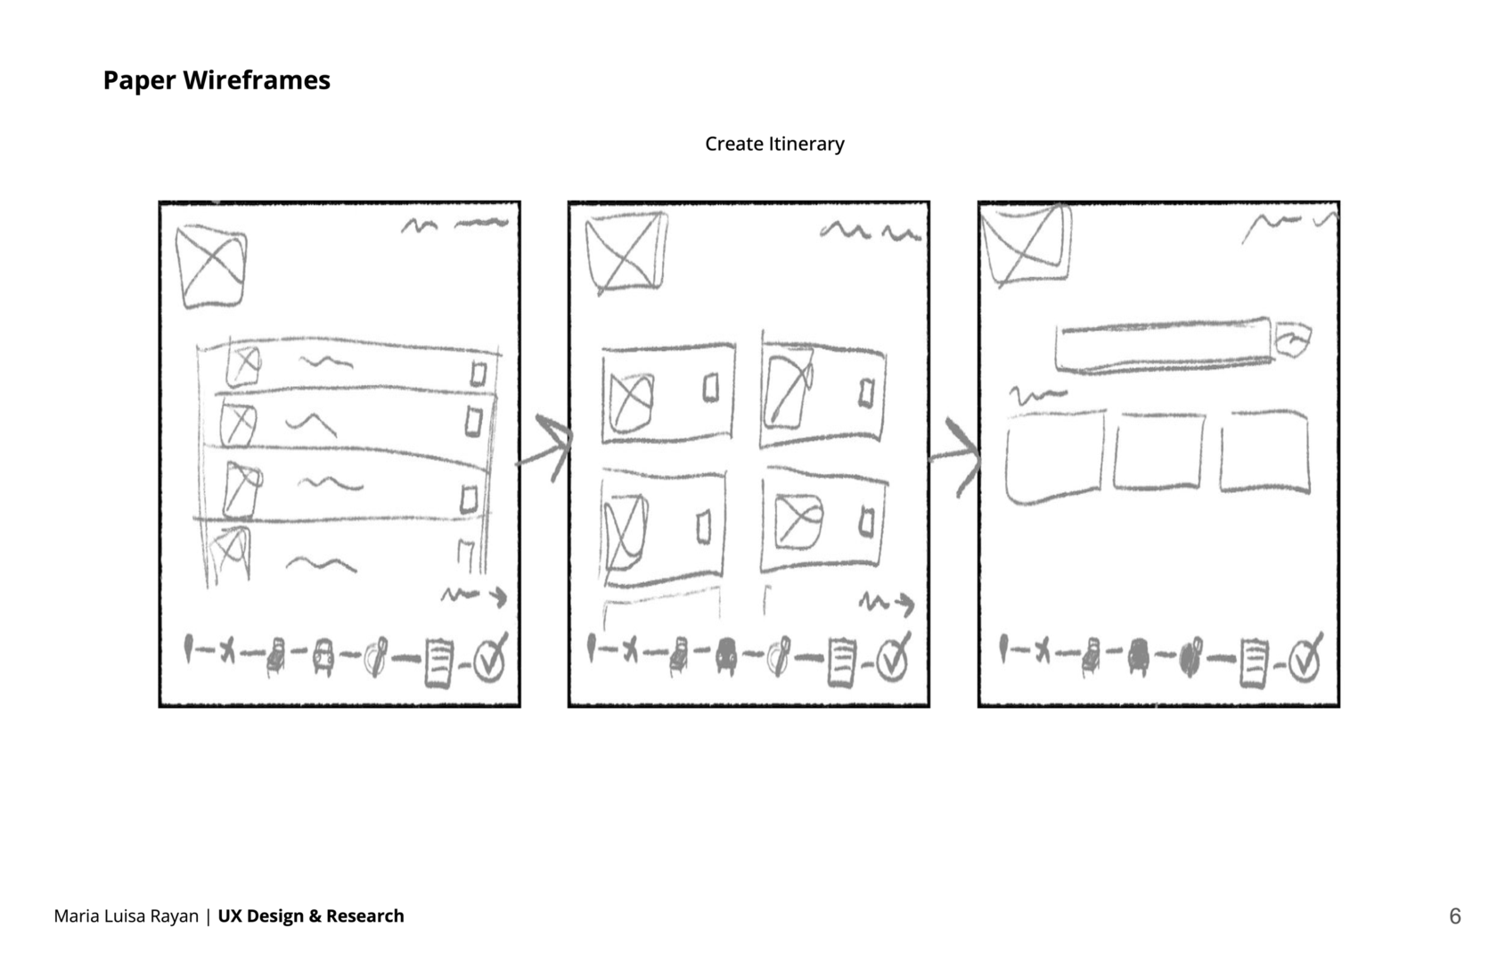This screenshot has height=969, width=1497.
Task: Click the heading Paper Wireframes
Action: (x=217, y=80)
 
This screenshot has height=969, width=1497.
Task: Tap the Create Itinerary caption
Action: (x=774, y=144)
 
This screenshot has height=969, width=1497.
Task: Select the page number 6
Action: (x=1455, y=916)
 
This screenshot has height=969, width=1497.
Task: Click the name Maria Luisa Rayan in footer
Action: (x=126, y=916)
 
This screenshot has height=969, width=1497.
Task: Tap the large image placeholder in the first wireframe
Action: (x=211, y=267)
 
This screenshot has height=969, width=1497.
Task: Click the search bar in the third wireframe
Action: (x=1164, y=345)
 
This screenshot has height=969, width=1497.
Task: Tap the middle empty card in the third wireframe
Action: (x=1158, y=451)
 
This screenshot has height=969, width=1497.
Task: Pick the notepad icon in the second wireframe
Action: (x=842, y=662)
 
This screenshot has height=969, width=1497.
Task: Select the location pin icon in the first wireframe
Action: (x=189, y=649)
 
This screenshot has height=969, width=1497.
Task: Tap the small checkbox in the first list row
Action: (x=478, y=374)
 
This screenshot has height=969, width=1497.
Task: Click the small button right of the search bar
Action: (x=1293, y=340)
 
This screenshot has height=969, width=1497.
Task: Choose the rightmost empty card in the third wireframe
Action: (x=1264, y=452)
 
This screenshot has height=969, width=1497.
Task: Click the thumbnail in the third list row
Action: (x=242, y=490)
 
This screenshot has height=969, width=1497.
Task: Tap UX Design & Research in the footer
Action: (x=311, y=916)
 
